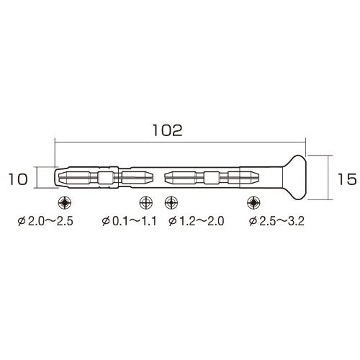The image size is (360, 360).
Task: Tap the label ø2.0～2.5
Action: (x=65, y=222)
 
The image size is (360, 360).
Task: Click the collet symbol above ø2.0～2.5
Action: (x=65, y=202)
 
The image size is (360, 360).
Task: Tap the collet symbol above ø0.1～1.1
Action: (x=145, y=202)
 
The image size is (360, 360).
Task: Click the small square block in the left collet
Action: (x=107, y=177)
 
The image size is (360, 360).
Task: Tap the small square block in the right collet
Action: (x=212, y=177)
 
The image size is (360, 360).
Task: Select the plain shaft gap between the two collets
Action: (x=159, y=177)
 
